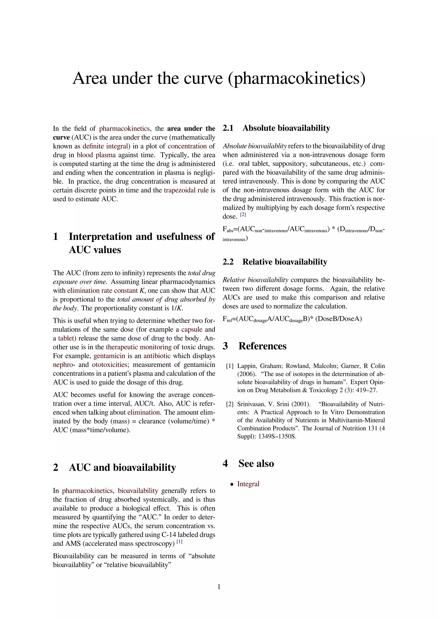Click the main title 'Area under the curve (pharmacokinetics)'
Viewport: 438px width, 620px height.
(x=219, y=78)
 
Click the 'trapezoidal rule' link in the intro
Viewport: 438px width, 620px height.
(x=186, y=190)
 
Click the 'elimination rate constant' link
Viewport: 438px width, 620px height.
(x=102, y=291)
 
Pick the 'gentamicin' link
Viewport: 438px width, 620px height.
(x=109, y=356)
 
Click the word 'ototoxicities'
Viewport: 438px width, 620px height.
(x=109, y=365)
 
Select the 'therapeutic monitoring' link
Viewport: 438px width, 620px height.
(x=139, y=347)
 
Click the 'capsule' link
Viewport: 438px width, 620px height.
(x=191, y=329)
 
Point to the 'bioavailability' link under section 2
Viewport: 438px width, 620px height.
(x=138, y=491)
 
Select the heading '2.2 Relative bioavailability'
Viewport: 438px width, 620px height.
(x=275, y=262)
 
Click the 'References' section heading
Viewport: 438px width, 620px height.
(x=262, y=346)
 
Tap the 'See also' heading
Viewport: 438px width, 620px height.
(x=256, y=463)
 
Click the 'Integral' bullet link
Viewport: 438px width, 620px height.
(x=248, y=484)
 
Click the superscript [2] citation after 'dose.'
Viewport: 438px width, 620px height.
(x=243, y=215)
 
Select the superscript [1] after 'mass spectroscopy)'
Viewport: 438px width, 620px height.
(x=179, y=542)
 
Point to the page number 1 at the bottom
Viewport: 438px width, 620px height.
(x=219, y=587)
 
